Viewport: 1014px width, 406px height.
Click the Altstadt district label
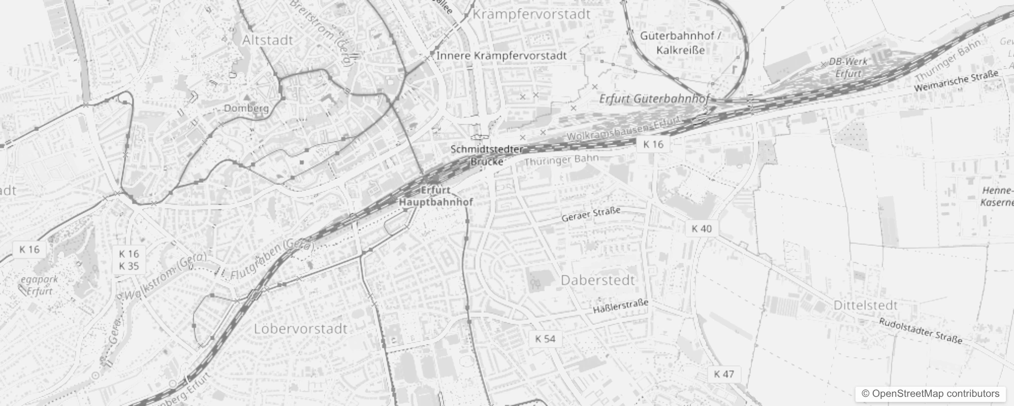point(268,40)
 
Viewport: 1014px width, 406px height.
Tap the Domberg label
point(246,108)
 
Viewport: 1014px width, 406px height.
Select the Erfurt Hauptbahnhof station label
point(436,196)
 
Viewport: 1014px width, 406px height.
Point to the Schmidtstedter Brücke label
point(487,155)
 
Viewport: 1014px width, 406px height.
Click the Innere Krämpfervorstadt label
point(501,55)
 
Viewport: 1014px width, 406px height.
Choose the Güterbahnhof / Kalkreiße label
point(680,43)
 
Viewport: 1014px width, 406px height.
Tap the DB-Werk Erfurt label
point(848,67)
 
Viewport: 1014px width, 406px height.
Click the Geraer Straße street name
point(590,214)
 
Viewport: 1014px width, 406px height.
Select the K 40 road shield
point(702,229)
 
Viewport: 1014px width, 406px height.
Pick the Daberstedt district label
point(598,280)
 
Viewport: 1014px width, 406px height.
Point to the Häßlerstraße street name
point(621,307)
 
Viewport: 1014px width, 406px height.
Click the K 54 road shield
point(545,339)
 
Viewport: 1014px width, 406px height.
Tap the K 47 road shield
point(723,375)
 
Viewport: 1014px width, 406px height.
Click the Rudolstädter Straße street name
point(921,331)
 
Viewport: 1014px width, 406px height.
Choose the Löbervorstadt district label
point(301,328)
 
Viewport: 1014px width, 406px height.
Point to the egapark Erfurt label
point(40,285)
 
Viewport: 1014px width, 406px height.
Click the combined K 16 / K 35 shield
point(129,260)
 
